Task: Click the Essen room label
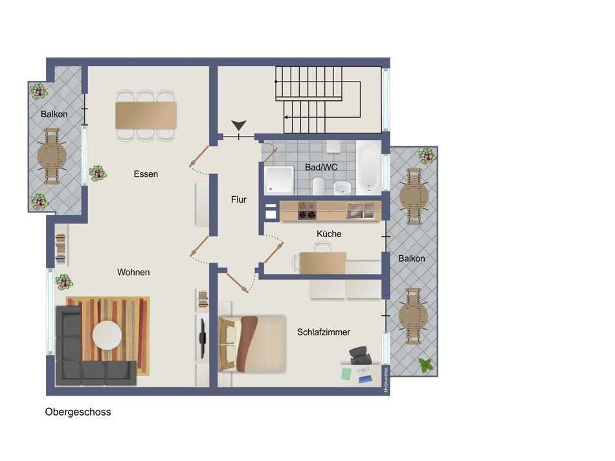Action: click(146, 174)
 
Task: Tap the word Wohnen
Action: click(133, 273)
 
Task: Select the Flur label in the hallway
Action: click(239, 200)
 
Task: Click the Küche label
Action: click(329, 234)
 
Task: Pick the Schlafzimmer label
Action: click(324, 332)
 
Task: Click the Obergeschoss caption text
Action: click(78, 412)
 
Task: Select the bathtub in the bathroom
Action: click(368, 168)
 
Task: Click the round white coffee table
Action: click(107, 335)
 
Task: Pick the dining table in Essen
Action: click(146, 115)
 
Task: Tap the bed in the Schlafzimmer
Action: click(256, 344)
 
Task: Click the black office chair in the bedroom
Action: click(359, 355)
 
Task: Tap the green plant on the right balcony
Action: click(425, 365)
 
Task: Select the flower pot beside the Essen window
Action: click(98, 173)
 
